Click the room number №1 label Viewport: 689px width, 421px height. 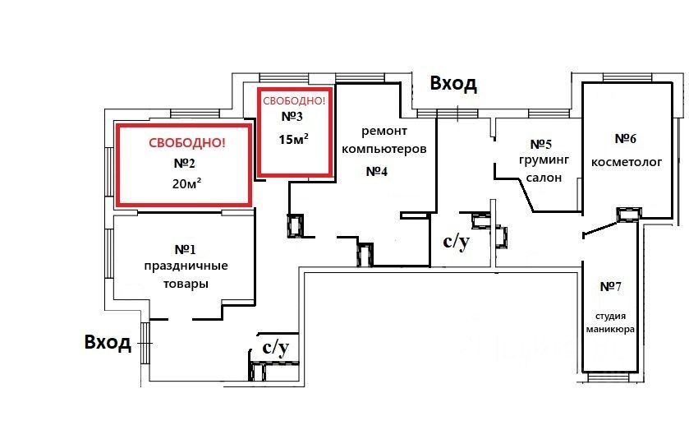click(x=185, y=248)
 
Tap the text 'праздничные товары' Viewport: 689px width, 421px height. click(x=186, y=275)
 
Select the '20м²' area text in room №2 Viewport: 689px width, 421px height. click(x=187, y=183)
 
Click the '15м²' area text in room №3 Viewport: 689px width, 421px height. click(x=293, y=139)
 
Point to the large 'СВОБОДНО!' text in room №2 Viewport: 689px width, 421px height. click(x=186, y=143)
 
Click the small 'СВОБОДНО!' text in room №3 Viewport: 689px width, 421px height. click(x=293, y=101)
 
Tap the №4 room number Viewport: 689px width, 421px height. click(x=376, y=171)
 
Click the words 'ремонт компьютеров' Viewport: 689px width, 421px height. click(x=384, y=141)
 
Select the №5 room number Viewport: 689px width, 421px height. click(x=541, y=143)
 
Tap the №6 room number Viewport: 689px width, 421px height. click(x=626, y=137)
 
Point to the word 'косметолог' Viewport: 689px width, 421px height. click(x=627, y=162)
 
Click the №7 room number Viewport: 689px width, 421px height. click(x=609, y=286)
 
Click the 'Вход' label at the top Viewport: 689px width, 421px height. click(x=454, y=84)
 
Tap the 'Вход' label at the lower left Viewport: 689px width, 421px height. click(x=108, y=342)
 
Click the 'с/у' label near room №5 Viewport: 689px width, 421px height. click(x=457, y=241)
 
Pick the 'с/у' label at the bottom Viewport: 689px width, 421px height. click(x=275, y=348)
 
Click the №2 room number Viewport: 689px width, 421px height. click(x=183, y=163)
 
